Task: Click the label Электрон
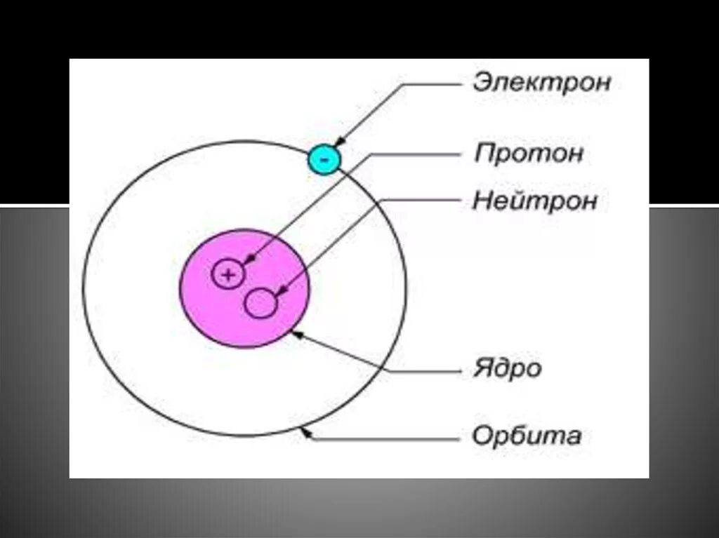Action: [541, 83]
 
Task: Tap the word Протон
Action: [529, 154]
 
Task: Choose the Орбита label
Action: [527, 436]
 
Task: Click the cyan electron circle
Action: [324, 159]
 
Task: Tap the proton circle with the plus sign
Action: [227, 274]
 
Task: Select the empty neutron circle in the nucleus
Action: [260, 304]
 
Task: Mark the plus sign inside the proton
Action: [227, 275]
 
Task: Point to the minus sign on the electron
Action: [324, 160]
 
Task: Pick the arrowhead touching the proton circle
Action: [248, 260]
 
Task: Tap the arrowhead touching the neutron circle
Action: [281, 290]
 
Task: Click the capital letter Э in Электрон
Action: [481, 83]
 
